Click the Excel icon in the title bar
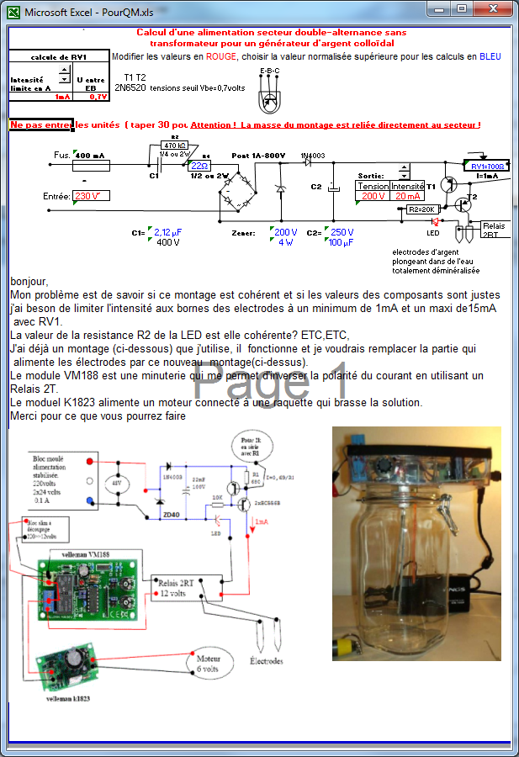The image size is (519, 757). coord(12,13)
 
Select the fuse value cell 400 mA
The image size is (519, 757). coord(91,156)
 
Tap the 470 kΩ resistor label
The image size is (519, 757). coord(175,146)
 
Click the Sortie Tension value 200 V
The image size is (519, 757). coord(372,196)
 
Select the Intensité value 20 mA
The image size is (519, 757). coord(407,196)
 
